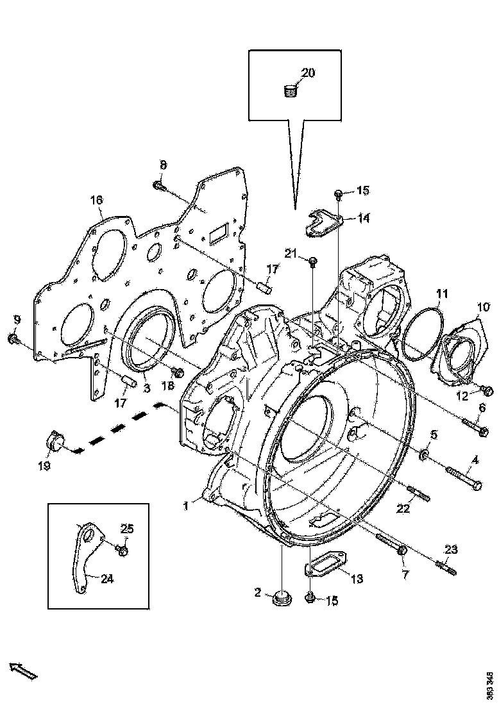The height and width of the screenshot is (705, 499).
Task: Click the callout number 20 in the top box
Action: coord(308,73)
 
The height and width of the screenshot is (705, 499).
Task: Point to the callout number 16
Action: coord(96,201)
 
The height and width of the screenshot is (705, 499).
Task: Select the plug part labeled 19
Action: coord(54,442)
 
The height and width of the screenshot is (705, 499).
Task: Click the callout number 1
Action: coord(185,506)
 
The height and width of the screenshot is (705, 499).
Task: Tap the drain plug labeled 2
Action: coord(280,598)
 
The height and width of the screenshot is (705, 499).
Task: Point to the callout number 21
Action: coord(291,255)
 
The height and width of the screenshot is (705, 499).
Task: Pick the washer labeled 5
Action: coord(423,455)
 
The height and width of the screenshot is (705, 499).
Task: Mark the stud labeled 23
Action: coord(446,568)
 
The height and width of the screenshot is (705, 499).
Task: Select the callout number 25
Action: coord(127,528)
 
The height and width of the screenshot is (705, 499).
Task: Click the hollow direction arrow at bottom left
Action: coord(24,670)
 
